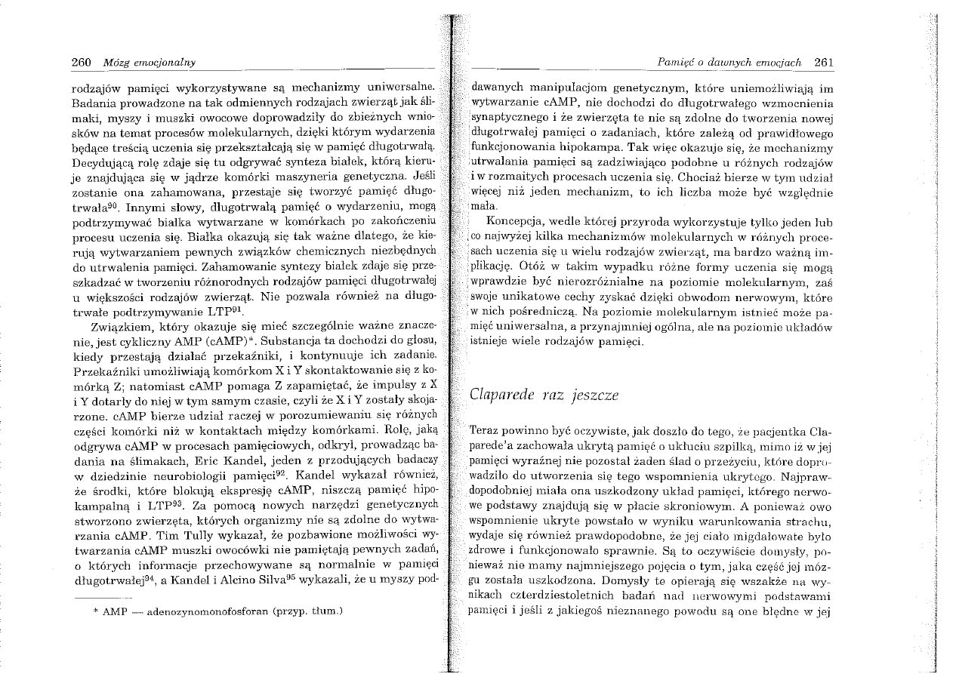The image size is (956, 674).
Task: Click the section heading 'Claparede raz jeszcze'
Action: point(544,393)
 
